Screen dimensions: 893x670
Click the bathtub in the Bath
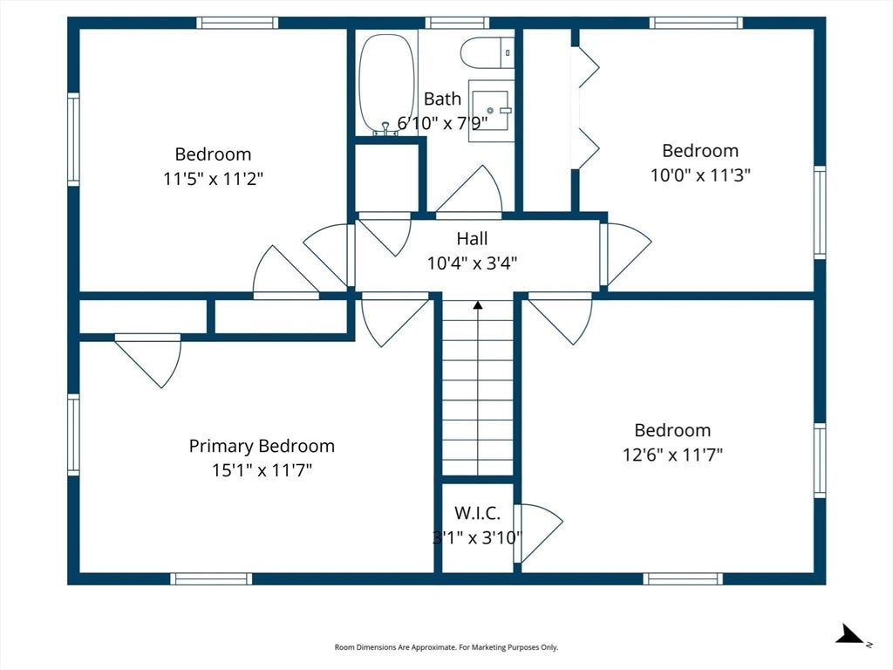click(386, 83)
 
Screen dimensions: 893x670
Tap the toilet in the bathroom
click(487, 52)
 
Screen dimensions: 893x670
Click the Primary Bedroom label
click(262, 446)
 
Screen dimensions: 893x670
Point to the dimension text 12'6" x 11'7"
click(672, 455)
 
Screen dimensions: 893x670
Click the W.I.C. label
click(477, 513)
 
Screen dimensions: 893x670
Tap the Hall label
click(472, 238)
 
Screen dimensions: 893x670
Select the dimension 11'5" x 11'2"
click(213, 179)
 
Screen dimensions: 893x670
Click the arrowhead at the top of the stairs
click(478, 305)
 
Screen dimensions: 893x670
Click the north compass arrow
click(851, 635)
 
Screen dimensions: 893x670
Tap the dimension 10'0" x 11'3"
click(700, 174)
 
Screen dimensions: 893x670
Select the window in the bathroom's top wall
click(457, 23)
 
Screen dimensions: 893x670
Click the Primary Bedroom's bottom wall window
click(211, 579)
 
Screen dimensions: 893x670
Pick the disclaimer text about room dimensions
click(446, 647)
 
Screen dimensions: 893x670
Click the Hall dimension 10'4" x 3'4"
click(472, 263)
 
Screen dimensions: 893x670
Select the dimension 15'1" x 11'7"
click(262, 470)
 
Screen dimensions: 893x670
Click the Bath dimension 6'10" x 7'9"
click(442, 123)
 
